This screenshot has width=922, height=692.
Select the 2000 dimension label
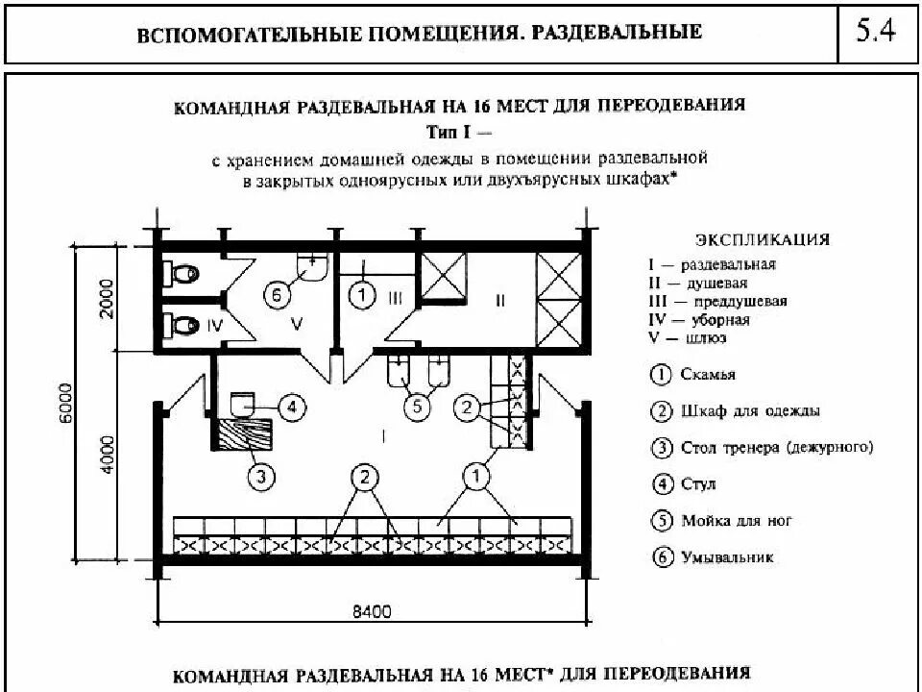point(106,298)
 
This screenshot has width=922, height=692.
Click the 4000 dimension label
point(106,455)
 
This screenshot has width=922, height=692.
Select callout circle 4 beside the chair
point(293,407)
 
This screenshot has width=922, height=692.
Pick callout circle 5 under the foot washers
point(416,407)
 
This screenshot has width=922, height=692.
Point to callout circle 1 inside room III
point(360,295)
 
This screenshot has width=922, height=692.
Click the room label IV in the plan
point(214,326)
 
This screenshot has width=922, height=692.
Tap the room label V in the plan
point(297,326)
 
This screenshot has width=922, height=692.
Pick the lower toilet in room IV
point(182,325)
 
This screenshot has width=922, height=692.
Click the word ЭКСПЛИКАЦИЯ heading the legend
point(762,240)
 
